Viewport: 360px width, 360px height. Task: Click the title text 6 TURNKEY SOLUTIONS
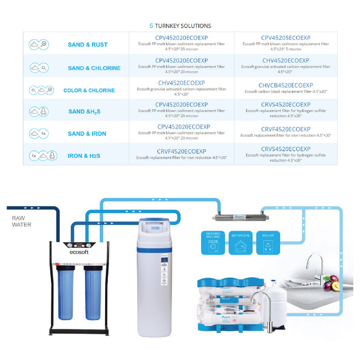(180, 26)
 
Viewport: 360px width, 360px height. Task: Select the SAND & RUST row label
(87, 45)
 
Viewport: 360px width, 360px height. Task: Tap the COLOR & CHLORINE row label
(89, 90)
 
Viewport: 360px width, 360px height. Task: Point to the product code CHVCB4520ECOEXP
(285, 85)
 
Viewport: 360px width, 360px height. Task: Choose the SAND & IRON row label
(87, 134)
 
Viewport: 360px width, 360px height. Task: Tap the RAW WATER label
(22, 221)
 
